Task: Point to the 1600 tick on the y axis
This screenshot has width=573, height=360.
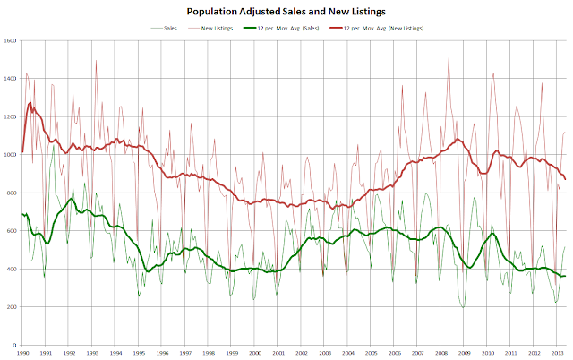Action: (11, 41)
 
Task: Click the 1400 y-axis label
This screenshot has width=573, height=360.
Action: (11, 79)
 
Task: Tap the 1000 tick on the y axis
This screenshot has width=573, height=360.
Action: (11, 155)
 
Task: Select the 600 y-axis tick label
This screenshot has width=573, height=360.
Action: (13, 231)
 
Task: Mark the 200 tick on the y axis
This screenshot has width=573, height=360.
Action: (13, 307)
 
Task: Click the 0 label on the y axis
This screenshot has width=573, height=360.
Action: (16, 345)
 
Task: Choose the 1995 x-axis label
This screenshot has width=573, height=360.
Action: (139, 353)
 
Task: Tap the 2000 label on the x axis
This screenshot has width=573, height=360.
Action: (255, 353)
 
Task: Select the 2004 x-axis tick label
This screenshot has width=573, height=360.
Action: (347, 353)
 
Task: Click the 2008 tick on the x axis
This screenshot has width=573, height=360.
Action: (440, 353)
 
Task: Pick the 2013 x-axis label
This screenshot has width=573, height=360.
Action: (556, 353)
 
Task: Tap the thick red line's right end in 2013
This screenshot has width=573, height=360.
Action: (565, 179)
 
